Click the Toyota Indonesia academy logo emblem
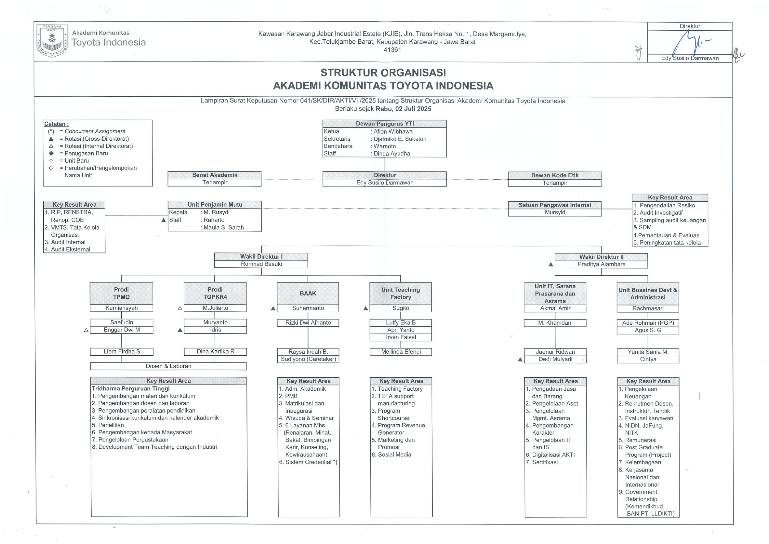pos(52,41)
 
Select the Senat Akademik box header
pos(214,175)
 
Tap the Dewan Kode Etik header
pos(555,175)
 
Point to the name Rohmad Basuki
pos(261,264)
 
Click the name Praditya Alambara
pos(601,264)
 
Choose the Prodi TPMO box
pos(121,293)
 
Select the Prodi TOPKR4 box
pos(215,293)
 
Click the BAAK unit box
pos(308,293)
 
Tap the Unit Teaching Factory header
pos(400,293)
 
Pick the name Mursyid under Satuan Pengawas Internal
pos(555,213)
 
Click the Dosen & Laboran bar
pos(168,366)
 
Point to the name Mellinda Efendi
pos(400,352)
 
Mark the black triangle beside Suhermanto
pos(273,308)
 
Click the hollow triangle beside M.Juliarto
pos(180,308)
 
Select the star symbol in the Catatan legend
pos(51,161)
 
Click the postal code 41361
pos(392,50)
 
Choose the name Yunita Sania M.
pos(648,352)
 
